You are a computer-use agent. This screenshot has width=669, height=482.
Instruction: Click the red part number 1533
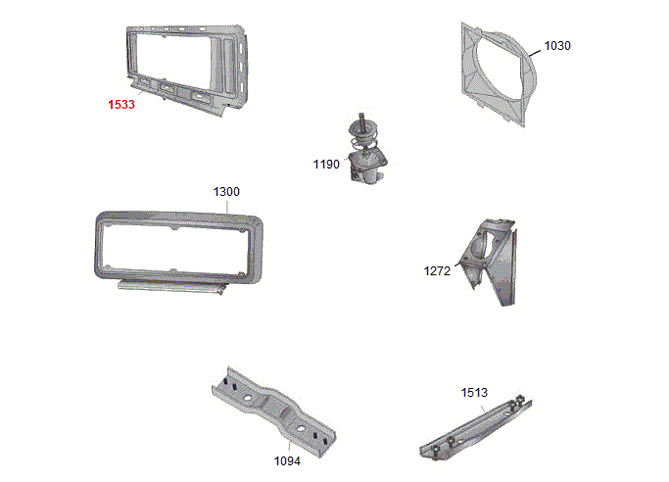[x=121, y=105]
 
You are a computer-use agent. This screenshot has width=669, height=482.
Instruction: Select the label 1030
[x=557, y=46]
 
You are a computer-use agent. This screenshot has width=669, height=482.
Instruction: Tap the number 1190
[x=326, y=165]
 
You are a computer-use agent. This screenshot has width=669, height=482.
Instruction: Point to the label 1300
[x=226, y=191]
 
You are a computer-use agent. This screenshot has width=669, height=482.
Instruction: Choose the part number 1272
[x=437, y=270]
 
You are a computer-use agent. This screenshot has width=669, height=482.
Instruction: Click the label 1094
[x=287, y=461]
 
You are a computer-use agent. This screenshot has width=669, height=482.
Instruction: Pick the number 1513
[x=474, y=393]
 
